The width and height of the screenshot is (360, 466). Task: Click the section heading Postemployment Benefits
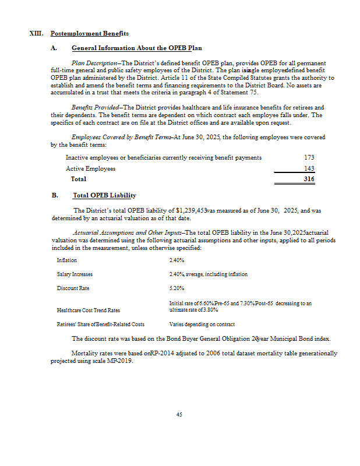(x=90, y=33)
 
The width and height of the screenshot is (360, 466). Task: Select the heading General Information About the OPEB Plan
(x=136, y=47)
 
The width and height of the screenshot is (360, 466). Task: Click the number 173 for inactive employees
(x=309, y=158)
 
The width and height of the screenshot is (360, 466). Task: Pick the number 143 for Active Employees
(x=309, y=168)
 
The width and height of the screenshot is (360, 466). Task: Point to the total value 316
(x=309, y=179)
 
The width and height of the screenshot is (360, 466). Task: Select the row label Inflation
(x=66, y=260)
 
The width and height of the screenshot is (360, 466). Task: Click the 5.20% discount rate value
(x=177, y=288)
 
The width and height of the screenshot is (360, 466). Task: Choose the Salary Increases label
(x=75, y=274)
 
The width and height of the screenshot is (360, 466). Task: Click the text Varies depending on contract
(x=202, y=324)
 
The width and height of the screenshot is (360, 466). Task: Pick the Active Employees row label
(x=90, y=169)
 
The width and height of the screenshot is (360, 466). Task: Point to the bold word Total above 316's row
(x=78, y=179)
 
